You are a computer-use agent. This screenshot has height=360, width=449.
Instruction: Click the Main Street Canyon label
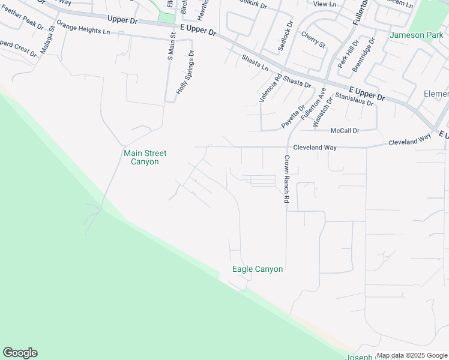[145, 157]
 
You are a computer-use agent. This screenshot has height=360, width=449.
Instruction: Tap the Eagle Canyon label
[258, 269]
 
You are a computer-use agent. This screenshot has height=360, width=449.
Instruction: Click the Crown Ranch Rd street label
[287, 178]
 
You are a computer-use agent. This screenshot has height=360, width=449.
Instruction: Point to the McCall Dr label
[345, 130]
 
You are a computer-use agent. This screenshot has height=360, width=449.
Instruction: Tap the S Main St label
[170, 46]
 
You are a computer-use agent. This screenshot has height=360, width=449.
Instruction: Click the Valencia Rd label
[270, 88]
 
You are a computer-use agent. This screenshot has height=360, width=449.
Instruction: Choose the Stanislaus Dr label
[354, 99]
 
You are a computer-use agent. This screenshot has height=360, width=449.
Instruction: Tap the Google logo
[20, 353]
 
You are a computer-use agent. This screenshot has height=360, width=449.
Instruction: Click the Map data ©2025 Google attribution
[411, 355]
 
